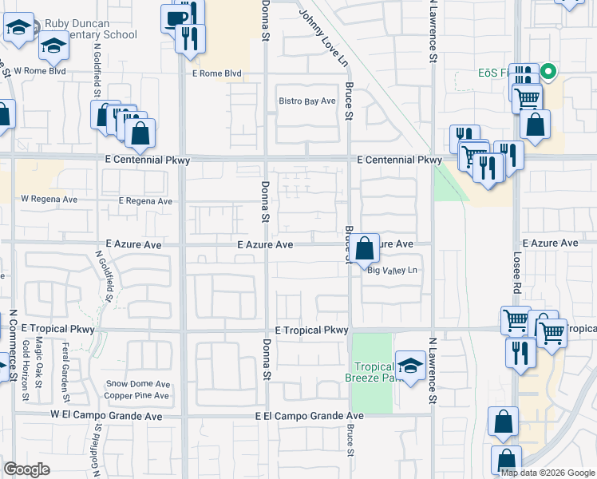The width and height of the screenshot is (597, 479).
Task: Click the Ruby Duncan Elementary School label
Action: (x=90, y=29)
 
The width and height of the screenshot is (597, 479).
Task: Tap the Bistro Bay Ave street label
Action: (x=306, y=101)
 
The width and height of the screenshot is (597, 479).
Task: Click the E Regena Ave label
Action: (x=144, y=201)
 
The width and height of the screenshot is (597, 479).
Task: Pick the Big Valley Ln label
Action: (x=393, y=271)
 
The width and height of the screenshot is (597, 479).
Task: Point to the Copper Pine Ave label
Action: (x=136, y=395)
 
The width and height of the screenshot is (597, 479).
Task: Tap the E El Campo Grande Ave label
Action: (x=310, y=416)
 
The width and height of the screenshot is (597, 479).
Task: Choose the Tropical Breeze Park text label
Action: (x=371, y=371)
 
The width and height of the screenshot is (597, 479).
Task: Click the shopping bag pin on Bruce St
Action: (x=365, y=248)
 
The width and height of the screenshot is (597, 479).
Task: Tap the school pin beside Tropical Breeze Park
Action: (x=410, y=366)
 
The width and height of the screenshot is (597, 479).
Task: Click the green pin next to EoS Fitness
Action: (x=548, y=73)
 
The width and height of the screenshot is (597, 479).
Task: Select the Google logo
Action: (x=27, y=469)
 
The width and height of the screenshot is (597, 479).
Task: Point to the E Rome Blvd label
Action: (x=216, y=74)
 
